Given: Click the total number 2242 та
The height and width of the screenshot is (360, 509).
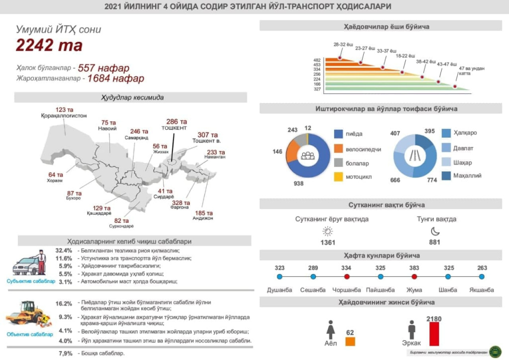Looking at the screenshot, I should (x=49, y=45).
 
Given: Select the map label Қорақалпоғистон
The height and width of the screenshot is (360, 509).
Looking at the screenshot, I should (x=64, y=115).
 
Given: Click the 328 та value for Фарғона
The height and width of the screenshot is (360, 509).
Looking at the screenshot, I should (x=180, y=203).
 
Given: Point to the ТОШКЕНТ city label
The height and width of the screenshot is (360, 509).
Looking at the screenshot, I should (x=174, y=128).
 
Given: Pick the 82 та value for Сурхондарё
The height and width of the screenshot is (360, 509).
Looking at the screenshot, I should (x=121, y=221).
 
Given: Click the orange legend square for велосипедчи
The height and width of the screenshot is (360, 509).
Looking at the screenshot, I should (x=339, y=148).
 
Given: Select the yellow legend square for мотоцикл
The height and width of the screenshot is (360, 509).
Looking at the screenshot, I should (x=339, y=177).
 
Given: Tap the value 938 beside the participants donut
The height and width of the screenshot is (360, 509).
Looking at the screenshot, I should (x=298, y=183).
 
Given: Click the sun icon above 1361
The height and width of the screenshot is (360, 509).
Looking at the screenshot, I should (x=327, y=231).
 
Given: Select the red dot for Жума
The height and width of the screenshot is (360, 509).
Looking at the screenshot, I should (x=414, y=276).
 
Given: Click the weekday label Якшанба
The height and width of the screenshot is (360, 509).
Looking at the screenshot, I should (x=482, y=290).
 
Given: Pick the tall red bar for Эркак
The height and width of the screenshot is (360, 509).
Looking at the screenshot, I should (x=434, y=334).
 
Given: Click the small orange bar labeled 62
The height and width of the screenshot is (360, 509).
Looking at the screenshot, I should (x=350, y=342).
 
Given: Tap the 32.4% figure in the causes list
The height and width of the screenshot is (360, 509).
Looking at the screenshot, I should (x=64, y=250).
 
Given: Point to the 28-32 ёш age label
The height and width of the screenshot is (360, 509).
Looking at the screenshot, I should (x=343, y=45).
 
